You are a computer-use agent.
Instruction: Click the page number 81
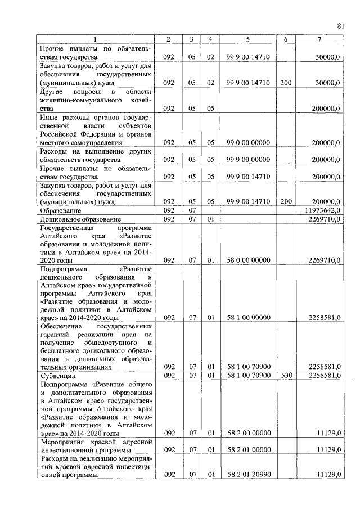point(340,25)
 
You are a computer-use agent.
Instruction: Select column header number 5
point(247,39)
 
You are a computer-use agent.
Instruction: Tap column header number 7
point(319,39)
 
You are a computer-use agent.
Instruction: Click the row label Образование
point(60,210)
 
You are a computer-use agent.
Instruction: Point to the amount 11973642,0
point(322,210)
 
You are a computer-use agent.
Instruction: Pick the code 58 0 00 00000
point(248,260)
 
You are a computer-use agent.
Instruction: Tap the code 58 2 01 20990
point(248,475)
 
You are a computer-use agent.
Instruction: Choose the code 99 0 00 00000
point(248,143)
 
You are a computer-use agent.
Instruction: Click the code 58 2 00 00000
point(248,434)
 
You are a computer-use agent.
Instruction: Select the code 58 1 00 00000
point(248,317)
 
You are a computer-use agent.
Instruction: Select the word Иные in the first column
point(50,117)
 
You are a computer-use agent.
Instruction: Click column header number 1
point(96,39)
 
